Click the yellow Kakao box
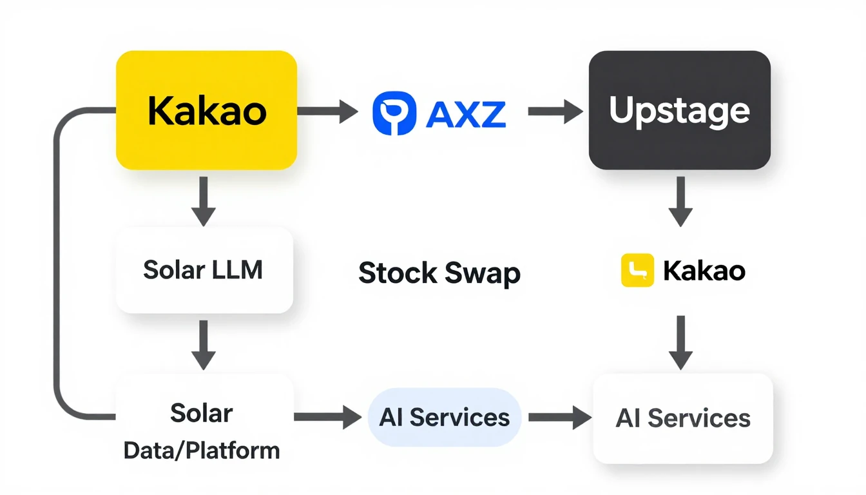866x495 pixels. click(x=206, y=110)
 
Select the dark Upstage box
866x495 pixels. click(x=680, y=110)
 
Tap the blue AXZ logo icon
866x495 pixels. click(x=394, y=112)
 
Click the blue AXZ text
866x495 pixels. click(x=467, y=113)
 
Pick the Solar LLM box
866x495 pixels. click(x=204, y=270)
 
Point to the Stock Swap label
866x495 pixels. click(x=439, y=273)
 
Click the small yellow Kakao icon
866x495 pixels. click(x=637, y=270)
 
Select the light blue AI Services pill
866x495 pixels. click(x=444, y=418)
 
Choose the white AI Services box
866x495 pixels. click(x=682, y=418)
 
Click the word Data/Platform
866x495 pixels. click(x=202, y=451)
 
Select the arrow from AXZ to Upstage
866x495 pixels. click(x=555, y=112)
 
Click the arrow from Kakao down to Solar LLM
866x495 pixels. click(x=204, y=200)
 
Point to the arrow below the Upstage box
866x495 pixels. click(x=680, y=200)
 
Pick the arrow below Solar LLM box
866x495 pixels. click(x=204, y=345)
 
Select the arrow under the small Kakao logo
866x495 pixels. click(x=680, y=342)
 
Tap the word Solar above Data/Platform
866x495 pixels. click(x=202, y=413)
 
